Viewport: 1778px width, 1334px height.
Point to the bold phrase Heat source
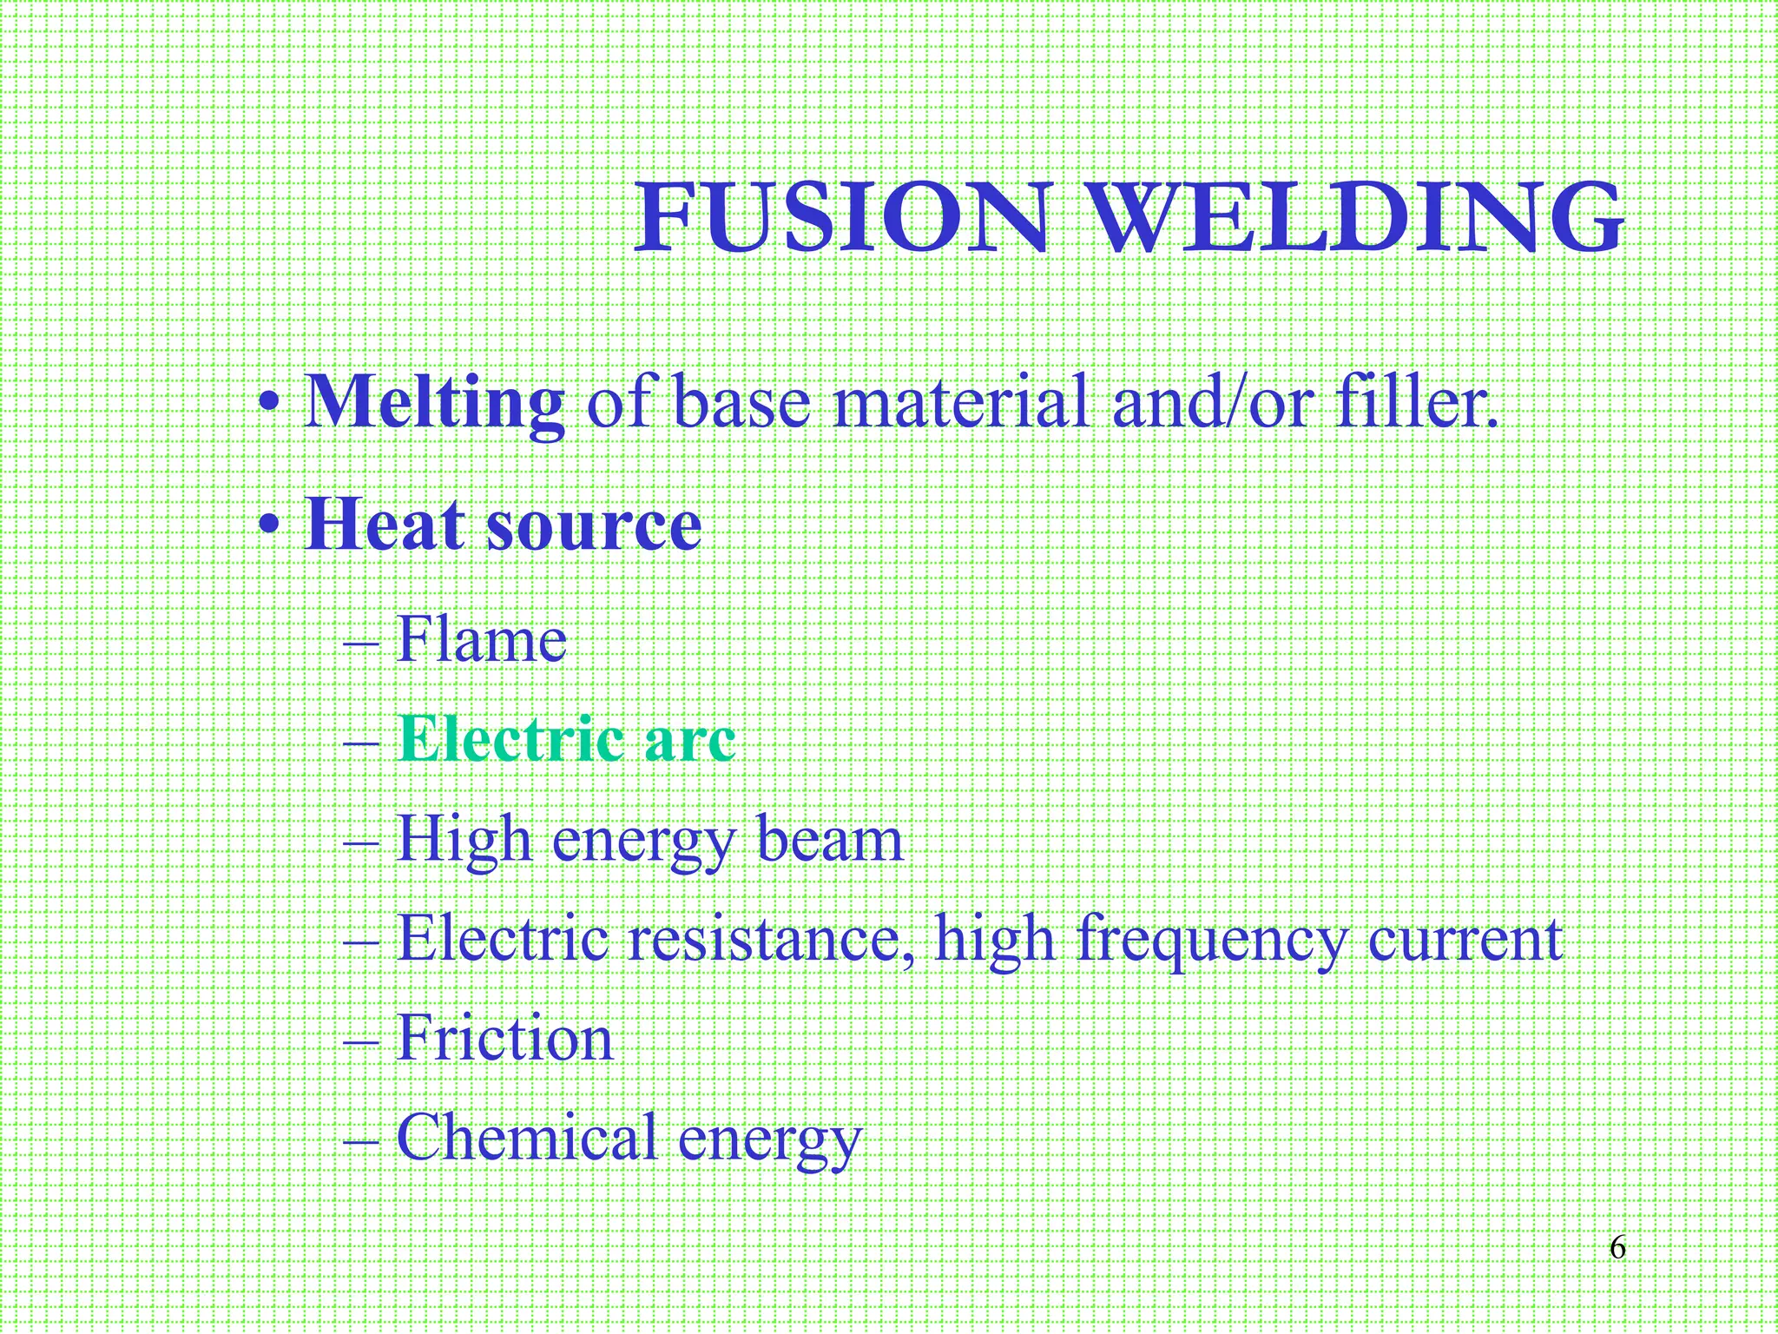coord(504,525)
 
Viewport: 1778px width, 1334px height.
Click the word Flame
coord(482,640)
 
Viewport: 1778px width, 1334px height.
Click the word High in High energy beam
coord(464,840)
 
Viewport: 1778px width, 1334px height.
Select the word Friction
coord(504,1039)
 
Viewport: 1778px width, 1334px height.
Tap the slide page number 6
coord(1617,1248)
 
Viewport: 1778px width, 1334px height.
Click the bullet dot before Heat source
coord(271,526)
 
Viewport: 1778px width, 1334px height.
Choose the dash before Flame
coord(361,644)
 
